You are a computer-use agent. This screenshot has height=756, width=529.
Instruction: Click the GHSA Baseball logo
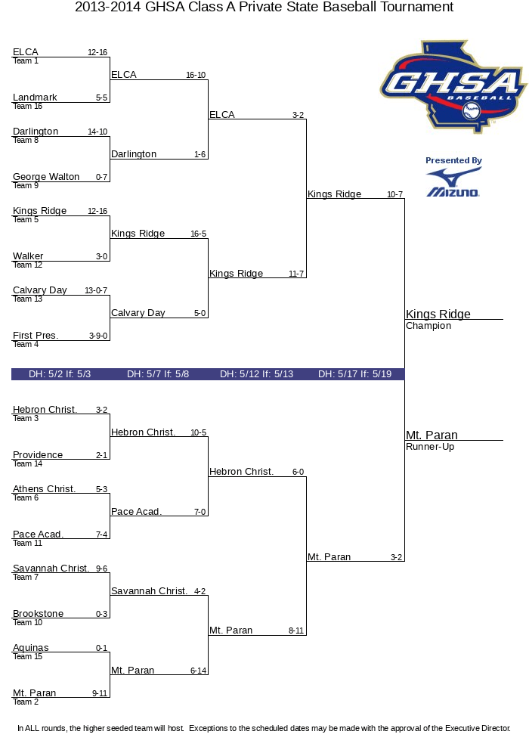pos(453,85)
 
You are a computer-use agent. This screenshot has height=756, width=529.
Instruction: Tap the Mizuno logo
pos(453,183)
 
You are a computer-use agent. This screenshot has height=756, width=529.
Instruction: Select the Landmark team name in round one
pos(35,98)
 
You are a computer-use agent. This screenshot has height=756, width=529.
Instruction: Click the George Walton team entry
pos(46,177)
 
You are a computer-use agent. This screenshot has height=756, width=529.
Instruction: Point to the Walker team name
pos(28,256)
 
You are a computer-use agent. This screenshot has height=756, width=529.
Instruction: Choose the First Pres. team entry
pos(36,336)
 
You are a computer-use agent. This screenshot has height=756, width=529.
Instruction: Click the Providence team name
pos(38,455)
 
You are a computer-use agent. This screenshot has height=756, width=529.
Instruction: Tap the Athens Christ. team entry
pos(44,489)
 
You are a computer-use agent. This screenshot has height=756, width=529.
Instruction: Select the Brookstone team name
pos(38,614)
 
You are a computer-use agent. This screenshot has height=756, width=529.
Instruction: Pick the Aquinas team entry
pos(30,648)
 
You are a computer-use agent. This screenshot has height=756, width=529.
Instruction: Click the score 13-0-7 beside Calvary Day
pos(96,291)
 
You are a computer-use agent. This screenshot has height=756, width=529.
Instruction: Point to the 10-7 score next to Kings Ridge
pos(394,195)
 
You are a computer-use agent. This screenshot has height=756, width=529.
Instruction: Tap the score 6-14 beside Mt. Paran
pos(199,671)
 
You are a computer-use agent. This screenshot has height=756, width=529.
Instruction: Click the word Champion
pos(428,327)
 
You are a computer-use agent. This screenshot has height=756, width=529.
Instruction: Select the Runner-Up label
pos(430,447)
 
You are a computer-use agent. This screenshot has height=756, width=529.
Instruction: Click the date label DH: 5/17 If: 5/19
pos(354,374)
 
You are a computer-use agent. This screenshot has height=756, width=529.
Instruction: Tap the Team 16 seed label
pos(23,107)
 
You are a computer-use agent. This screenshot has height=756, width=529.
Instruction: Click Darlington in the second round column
pos(134,154)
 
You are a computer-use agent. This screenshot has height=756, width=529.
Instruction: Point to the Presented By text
pos(453,161)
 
